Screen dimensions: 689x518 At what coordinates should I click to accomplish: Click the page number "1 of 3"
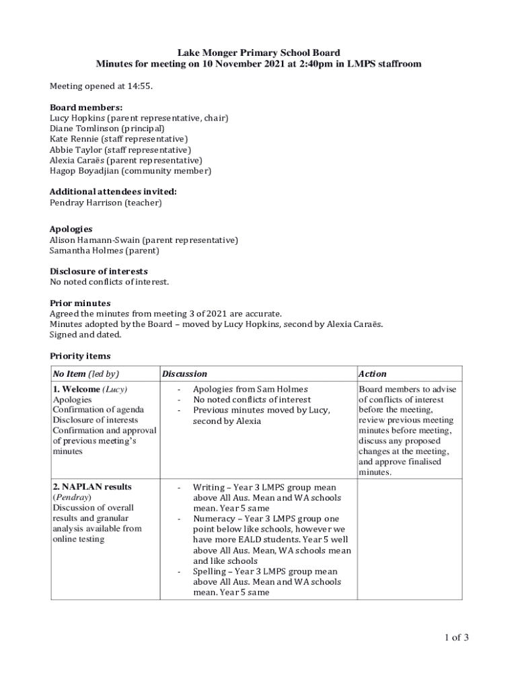(x=455, y=638)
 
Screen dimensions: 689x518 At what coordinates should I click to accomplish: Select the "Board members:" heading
(x=77, y=107)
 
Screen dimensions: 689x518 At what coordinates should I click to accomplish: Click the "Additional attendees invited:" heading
(x=113, y=192)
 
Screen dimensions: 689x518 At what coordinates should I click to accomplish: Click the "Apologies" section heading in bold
(x=71, y=229)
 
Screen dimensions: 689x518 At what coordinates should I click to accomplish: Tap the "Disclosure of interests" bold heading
(x=99, y=271)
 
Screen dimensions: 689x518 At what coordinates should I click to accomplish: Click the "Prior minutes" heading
(x=80, y=303)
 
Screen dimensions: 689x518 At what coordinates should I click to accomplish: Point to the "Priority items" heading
(x=80, y=356)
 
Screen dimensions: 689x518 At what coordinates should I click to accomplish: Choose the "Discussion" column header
(x=184, y=373)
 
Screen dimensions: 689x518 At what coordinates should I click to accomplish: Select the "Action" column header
(x=373, y=373)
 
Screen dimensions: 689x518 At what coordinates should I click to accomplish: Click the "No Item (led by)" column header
(x=85, y=373)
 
